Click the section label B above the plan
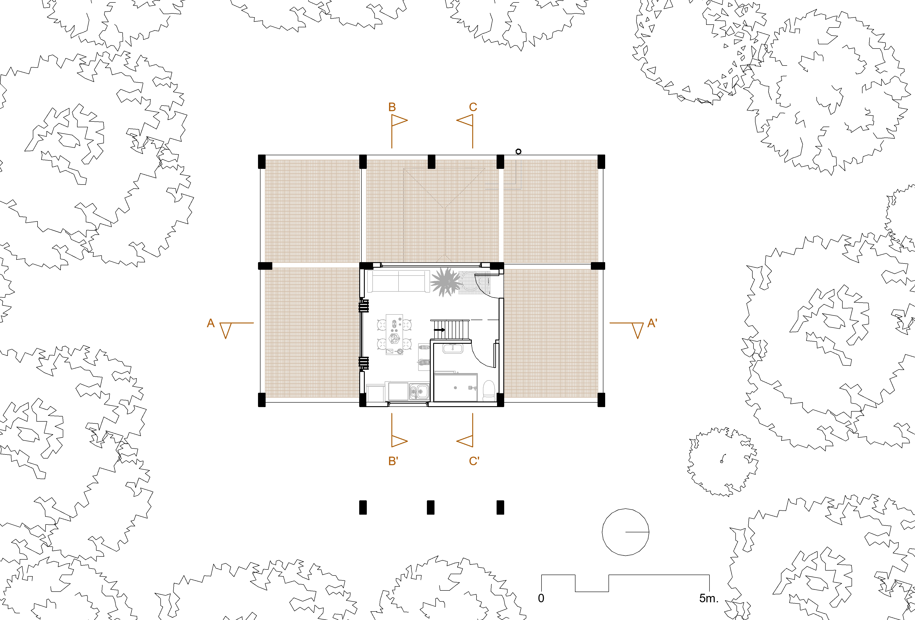pos(392,107)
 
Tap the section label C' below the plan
pos(474,461)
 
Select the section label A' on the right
pos(652,323)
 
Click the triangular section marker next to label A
pos(226,329)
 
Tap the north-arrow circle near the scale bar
pos(625,532)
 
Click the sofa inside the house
pos(399,281)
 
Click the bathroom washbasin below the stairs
pos(453,348)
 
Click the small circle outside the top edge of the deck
pos(518,151)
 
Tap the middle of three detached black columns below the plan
pos(431,507)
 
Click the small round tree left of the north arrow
pos(722,461)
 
